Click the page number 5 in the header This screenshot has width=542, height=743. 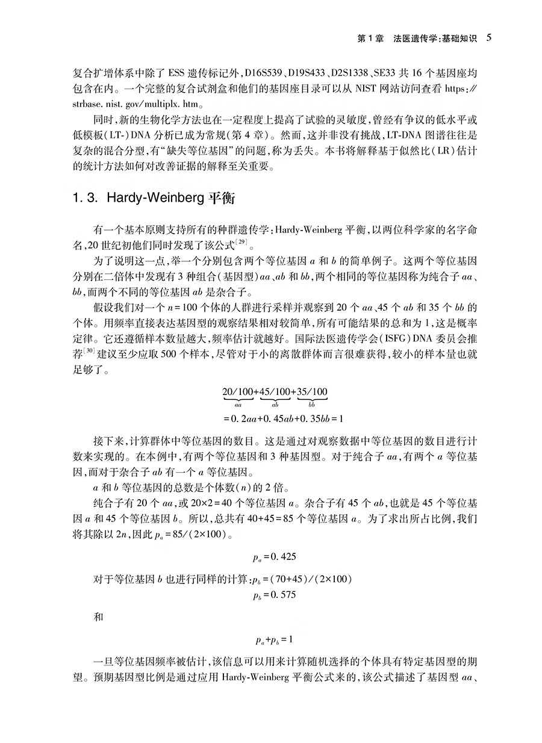[489, 38]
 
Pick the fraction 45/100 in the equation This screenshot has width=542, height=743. [275, 393]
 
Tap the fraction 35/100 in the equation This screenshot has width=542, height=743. [311, 393]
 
